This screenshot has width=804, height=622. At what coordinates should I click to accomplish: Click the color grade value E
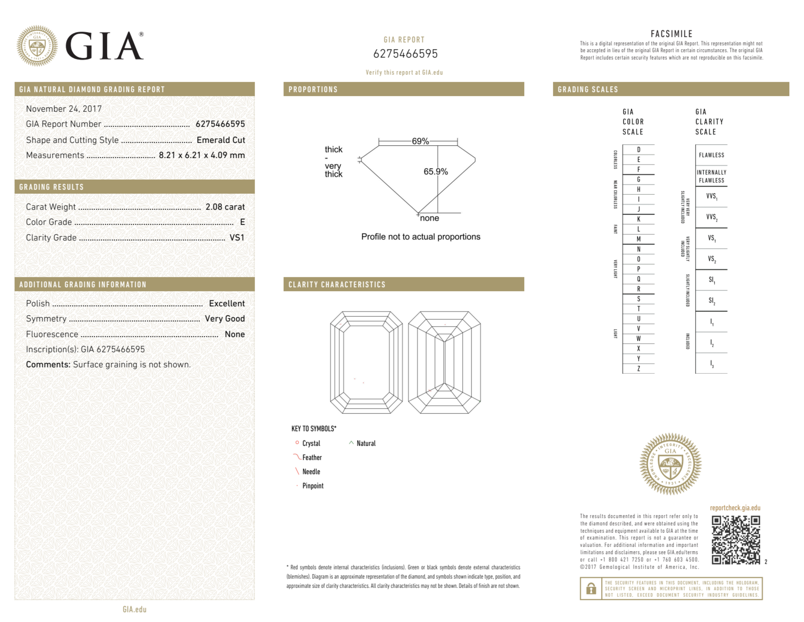coord(242,222)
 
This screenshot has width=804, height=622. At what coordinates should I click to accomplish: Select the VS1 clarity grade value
coord(237,238)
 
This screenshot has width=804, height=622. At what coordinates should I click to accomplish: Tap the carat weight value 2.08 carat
coord(225,207)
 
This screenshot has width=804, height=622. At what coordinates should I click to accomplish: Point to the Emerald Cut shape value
coord(221,140)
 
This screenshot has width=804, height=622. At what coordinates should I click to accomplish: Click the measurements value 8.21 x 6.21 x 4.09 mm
coord(202,155)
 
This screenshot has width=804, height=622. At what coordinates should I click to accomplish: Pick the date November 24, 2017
coord(64,109)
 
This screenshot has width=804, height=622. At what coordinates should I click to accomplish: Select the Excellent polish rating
coord(227,303)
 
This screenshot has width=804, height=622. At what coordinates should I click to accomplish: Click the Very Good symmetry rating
coord(225,319)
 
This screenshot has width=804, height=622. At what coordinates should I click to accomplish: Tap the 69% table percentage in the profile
coord(420,141)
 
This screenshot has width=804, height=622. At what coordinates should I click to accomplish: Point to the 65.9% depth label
coord(436,171)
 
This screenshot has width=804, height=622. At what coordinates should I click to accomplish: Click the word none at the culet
coord(430,218)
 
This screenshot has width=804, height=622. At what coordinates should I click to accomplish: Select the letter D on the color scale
coord(638,150)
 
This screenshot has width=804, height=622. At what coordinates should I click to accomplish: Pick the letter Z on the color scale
coord(638,369)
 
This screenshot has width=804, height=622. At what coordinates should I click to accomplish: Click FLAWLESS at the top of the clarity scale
coord(711,155)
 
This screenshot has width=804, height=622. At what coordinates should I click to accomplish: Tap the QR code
coord(736,540)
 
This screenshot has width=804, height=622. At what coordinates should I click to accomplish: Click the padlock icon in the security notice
coord(591,589)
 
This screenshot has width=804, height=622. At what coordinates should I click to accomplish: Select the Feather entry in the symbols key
coord(312,457)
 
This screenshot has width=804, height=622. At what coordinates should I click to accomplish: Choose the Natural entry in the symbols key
coord(366,443)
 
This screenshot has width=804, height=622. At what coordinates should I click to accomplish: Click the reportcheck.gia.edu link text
coord(735,508)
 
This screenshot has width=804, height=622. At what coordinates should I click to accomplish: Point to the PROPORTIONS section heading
coord(313,89)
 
